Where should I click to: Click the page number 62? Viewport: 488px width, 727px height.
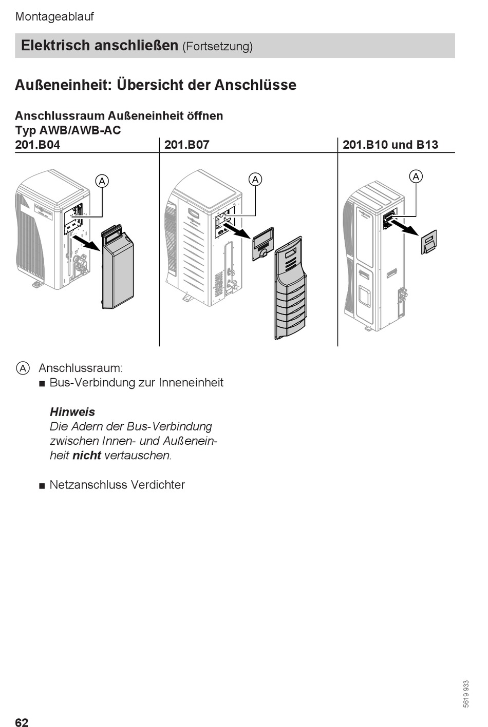(x=22, y=722)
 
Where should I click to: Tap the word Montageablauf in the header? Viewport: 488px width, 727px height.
(x=54, y=16)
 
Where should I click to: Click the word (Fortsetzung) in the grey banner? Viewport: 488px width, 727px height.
(x=217, y=47)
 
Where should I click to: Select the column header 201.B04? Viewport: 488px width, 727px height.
(x=37, y=145)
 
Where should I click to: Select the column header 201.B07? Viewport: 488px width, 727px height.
(x=187, y=145)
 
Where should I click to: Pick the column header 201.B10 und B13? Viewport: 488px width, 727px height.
(x=390, y=145)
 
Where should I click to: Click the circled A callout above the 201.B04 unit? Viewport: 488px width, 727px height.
(x=102, y=181)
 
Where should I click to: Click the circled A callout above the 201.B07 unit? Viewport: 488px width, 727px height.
(x=255, y=180)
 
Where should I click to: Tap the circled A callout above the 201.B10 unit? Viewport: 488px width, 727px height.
(x=416, y=176)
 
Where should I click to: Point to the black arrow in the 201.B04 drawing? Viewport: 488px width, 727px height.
(x=86, y=243)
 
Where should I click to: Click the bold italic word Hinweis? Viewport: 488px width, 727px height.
(x=72, y=412)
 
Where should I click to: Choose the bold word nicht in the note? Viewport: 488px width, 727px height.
(x=86, y=455)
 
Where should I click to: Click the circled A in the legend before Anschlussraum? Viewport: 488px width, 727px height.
(x=23, y=368)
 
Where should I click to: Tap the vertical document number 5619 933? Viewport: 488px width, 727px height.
(x=466, y=694)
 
